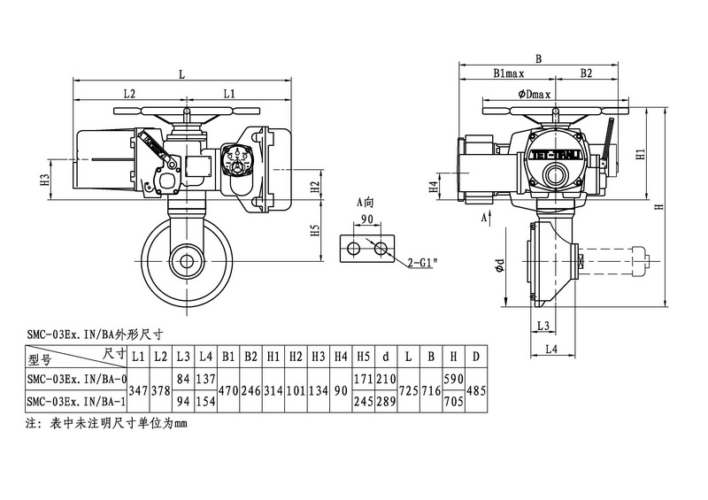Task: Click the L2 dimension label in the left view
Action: tap(129, 93)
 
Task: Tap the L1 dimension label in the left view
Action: tap(228, 93)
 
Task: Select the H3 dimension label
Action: tap(45, 180)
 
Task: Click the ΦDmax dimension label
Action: tap(535, 94)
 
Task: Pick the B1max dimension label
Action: tap(512, 74)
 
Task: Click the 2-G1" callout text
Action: tap(423, 263)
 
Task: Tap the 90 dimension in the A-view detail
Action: tap(366, 219)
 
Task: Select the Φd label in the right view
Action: tap(501, 265)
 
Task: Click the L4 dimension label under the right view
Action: tap(549, 350)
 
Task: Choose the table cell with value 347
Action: tap(139, 389)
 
